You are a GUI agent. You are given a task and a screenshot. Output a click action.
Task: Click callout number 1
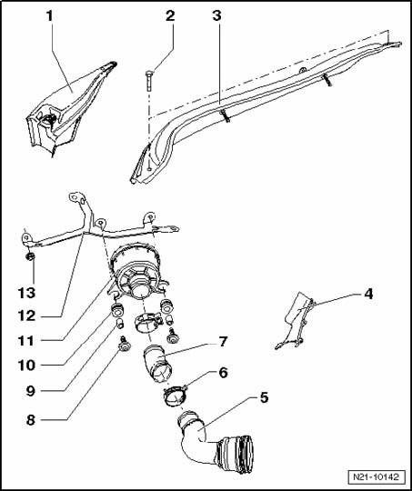click(49, 16)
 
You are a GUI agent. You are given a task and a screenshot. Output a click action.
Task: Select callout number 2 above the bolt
click(170, 15)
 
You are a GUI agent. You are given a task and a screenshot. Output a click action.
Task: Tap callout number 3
click(216, 15)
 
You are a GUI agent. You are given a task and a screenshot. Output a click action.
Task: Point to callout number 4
click(368, 295)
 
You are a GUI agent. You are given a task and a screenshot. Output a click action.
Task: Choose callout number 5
click(264, 398)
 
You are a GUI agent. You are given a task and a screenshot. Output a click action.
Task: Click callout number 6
click(223, 373)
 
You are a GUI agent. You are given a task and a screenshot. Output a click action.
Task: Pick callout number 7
click(223, 342)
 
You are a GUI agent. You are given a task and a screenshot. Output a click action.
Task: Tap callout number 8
click(30, 420)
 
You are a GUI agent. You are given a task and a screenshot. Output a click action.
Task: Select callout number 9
click(30, 391)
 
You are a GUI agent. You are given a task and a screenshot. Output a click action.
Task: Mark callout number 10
click(26, 366)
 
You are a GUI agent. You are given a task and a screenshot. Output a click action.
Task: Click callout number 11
click(26, 341)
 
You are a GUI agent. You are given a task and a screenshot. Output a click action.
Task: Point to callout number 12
click(26, 316)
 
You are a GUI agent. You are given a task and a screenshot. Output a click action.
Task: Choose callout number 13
click(26, 294)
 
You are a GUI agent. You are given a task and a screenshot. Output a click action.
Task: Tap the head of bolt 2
click(149, 75)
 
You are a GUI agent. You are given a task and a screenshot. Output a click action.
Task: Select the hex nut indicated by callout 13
click(30, 257)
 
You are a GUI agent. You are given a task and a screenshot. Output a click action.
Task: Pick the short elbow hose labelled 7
click(157, 363)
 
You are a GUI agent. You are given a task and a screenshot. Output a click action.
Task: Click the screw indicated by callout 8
click(125, 344)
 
